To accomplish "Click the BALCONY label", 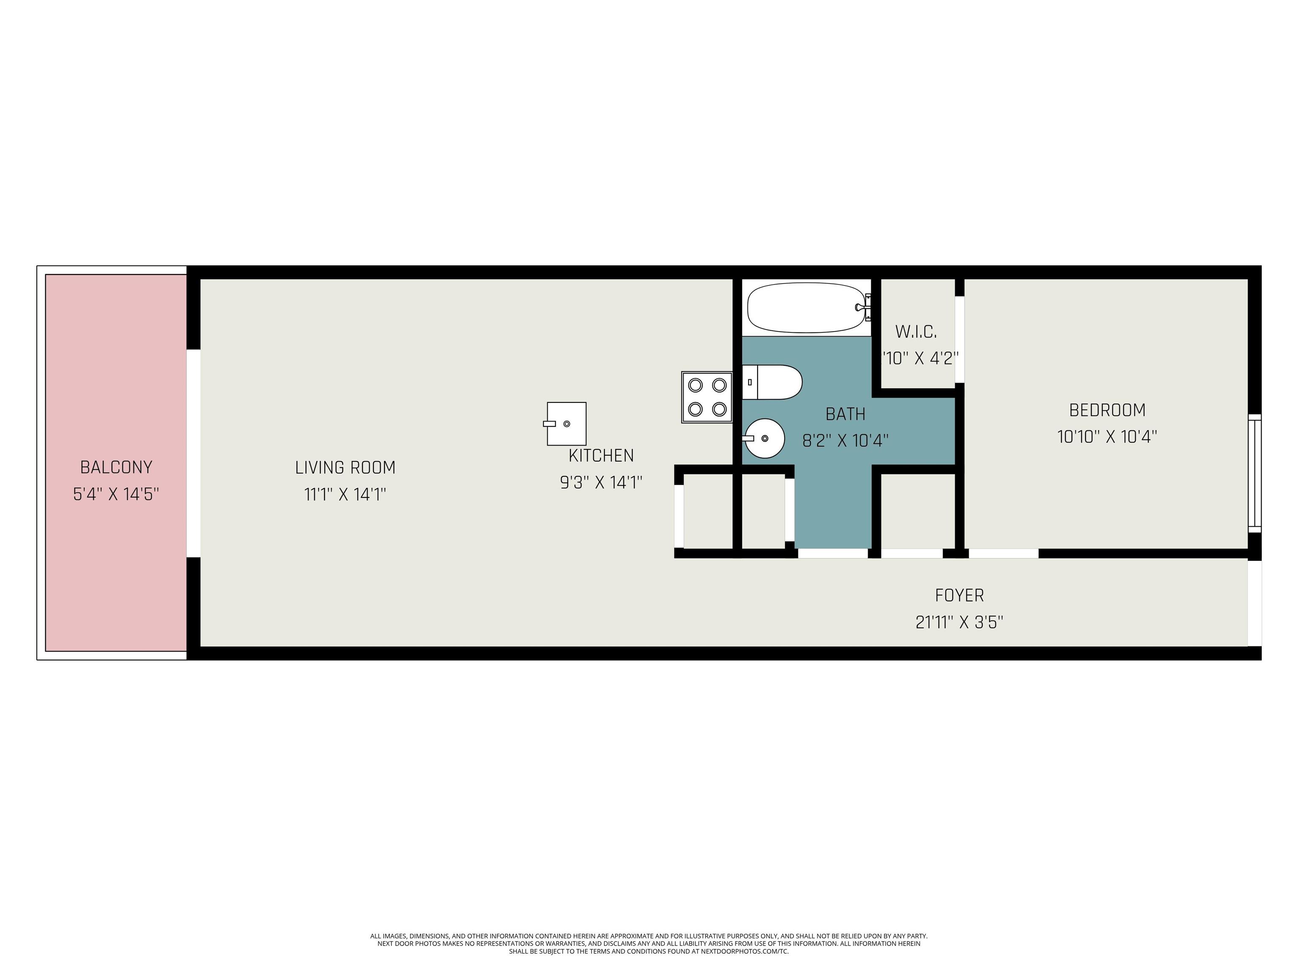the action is (116, 467).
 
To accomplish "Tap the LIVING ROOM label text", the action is (345, 467).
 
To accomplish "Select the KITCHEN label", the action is (601, 456).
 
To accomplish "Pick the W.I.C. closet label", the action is (916, 332).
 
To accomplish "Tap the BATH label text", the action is (845, 414).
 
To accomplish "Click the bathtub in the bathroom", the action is (808, 308).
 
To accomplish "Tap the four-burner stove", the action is (706, 397).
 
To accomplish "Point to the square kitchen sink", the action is (566, 424).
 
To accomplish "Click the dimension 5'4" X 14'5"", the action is (116, 495).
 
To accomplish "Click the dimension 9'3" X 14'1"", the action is (601, 483).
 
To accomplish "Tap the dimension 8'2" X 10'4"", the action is (845, 440).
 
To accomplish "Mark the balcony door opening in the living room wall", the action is (194, 454).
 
